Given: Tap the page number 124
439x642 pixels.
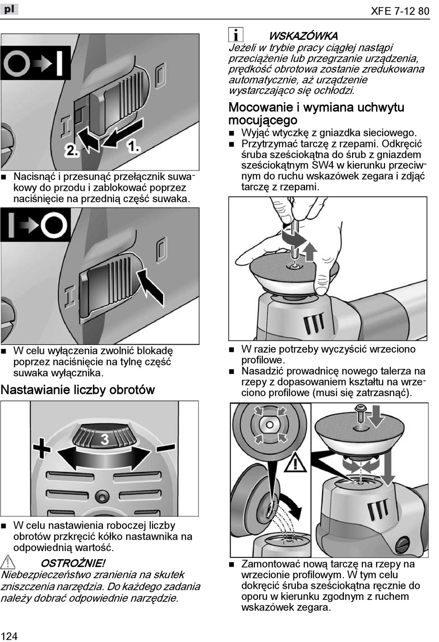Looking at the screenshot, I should tap(9, 636).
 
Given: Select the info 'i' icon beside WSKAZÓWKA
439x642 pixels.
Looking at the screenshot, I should tap(236, 35).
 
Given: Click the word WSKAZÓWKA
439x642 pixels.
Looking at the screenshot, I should tap(303, 36).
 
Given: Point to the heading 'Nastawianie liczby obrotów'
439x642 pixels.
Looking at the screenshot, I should tap(78, 390).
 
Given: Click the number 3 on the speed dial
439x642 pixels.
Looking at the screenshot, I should tap(104, 439).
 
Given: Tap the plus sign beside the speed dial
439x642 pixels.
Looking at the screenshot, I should tap(42, 448).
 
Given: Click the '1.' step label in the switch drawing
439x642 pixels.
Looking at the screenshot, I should tap(134, 147).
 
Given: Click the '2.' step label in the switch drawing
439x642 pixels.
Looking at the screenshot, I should tap(72, 149).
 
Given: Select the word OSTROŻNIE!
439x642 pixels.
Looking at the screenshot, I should tap(73, 563).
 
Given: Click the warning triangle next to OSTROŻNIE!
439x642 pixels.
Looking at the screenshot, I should tap(8, 563).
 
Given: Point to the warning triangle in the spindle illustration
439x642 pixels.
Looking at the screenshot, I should tap(294, 462).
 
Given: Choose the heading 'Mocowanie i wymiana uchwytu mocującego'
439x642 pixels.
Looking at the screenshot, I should tap(316, 114).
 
